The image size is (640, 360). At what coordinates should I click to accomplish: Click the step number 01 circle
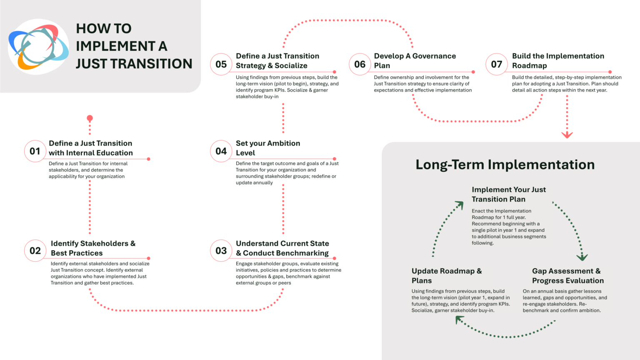(35, 151)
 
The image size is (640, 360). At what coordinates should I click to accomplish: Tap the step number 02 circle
(35, 251)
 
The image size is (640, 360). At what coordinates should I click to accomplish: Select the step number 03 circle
(221, 251)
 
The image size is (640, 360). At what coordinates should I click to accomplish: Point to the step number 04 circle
(221, 151)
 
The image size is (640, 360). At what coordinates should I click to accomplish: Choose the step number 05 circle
(221, 64)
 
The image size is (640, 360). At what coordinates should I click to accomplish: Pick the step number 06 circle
(360, 64)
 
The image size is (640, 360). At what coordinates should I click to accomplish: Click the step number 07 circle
(497, 64)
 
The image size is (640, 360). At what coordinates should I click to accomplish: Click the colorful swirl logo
(38, 47)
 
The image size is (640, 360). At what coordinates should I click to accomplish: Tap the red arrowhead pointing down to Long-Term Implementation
(567, 135)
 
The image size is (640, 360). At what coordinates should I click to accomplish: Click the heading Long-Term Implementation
(505, 165)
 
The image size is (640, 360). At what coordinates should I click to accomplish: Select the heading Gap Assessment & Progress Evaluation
(567, 276)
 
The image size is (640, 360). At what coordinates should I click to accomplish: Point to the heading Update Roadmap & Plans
(446, 276)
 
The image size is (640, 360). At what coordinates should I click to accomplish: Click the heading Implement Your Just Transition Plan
(508, 194)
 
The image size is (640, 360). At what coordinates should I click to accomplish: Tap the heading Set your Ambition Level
(268, 148)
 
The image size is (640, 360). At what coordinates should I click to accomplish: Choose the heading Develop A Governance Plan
(415, 61)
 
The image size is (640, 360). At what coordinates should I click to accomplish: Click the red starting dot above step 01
(90, 118)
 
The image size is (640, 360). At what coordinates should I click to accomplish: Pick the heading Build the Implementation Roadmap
(558, 61)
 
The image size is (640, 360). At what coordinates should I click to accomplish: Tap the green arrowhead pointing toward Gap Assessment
(582, 257)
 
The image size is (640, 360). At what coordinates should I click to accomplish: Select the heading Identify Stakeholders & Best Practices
(93, 248)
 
